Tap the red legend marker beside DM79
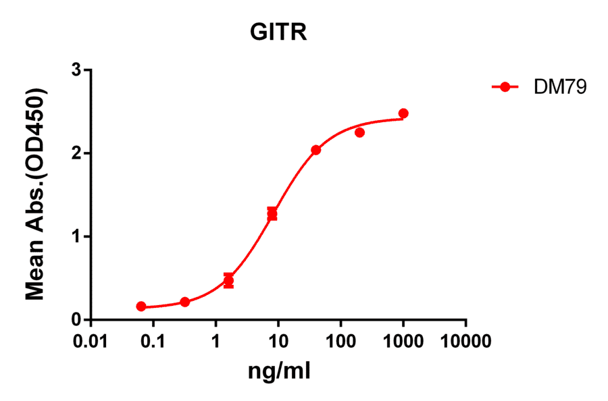pyautogui.click(x=504, y=87)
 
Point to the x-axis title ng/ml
pyautogui.click(x=279, y=371)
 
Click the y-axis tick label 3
pyautogui.click(x=78, y=70)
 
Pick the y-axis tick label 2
pyautogui.click(x=78, y=154)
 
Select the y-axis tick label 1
pyautogui.click(x=78, y=237)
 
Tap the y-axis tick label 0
pyautogui.click(x=78, y=320)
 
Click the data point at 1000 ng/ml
pyautogui.click(x=403, y=113)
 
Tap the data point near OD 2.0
pyautogui.click(x=315, y=150)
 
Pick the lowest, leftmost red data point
pyautogui.click(x=141, y=306)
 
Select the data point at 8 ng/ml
pyautogui.click(x=272, y=214)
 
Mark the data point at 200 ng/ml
pyautogui.click(x=359, y=132)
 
